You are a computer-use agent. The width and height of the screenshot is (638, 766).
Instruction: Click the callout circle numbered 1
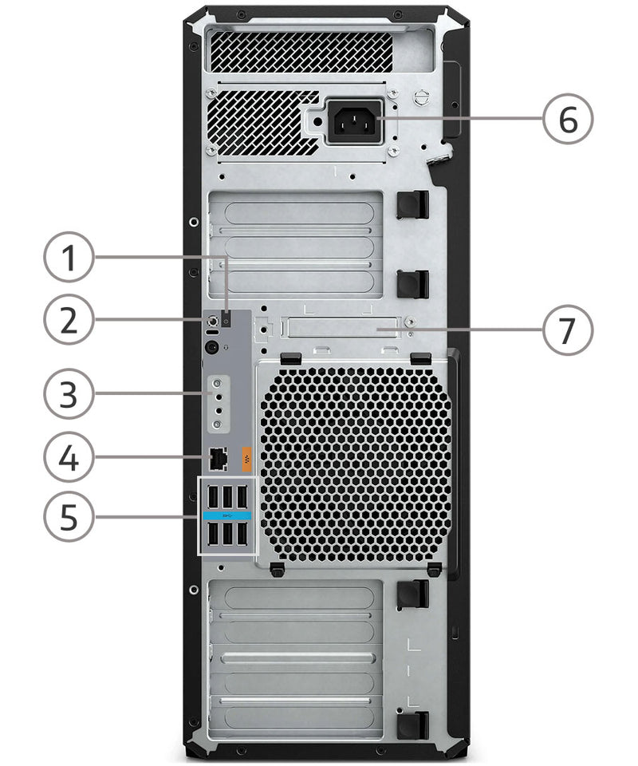tap(69, 257)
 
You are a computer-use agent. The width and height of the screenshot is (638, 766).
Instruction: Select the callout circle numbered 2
tap(69, 319)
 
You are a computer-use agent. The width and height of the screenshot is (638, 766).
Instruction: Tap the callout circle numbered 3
tap(69, 393)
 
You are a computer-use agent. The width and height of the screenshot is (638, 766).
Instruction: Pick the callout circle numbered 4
tap(69, 457)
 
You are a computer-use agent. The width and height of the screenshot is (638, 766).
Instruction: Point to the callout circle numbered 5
tap(69, 516)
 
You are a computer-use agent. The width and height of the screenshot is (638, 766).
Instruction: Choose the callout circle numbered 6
tap(568, 119)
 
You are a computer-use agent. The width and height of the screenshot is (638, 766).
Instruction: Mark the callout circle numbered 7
tap(568, 330)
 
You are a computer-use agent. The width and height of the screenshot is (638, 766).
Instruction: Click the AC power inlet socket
tap(354, 122)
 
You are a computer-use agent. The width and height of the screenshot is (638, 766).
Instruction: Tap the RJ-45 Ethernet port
tap(218, 459)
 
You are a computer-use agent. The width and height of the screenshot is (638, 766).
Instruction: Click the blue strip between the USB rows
tap(227, 515)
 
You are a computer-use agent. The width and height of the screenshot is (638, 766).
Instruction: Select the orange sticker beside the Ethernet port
tap(247, 459)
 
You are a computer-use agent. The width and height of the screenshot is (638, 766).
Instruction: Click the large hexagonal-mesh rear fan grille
tap(356, 463)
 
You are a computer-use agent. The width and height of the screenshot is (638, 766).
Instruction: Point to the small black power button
tap(226, 319)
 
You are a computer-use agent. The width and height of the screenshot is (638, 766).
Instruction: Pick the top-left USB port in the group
tap(213, 497)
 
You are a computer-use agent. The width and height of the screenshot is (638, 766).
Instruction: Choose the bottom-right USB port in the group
tap(242, 534)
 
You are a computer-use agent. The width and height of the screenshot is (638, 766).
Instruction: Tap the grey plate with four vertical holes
tap(219, 404)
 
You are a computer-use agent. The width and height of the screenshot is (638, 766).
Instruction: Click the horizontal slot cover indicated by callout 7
tap(345, 327)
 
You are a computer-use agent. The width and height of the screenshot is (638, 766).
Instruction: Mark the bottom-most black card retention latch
tap(413, 725)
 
